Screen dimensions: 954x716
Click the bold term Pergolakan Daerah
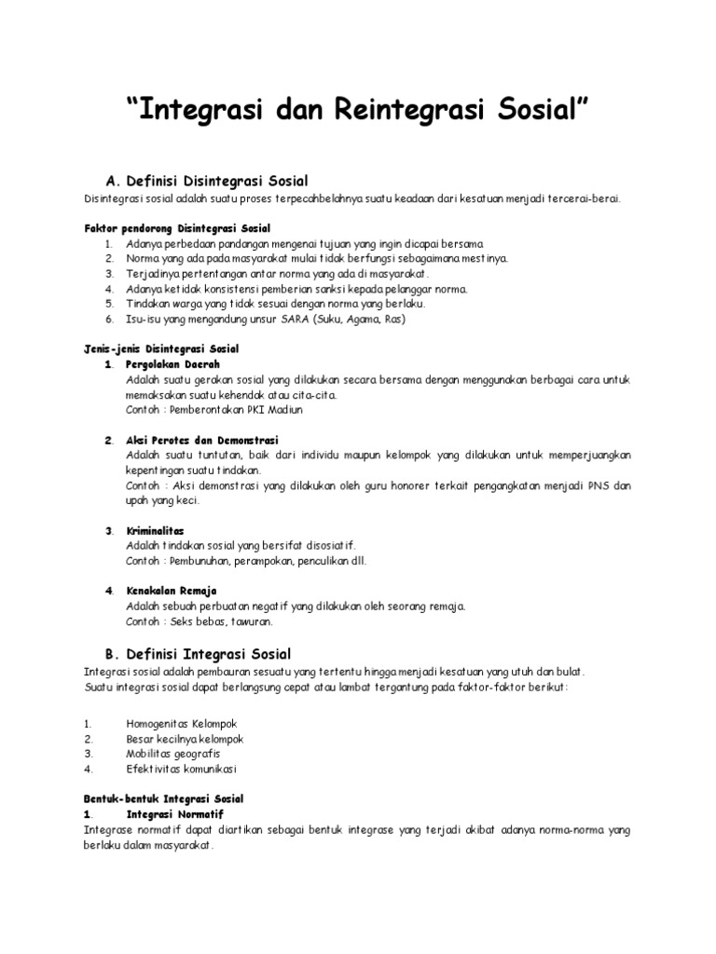pyautogui.click(x=172, y=363)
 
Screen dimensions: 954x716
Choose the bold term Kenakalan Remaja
pyautogui.click(x=172, y=591)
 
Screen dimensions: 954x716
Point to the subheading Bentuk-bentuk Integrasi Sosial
pyautogui.click(x=163, y=799)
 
